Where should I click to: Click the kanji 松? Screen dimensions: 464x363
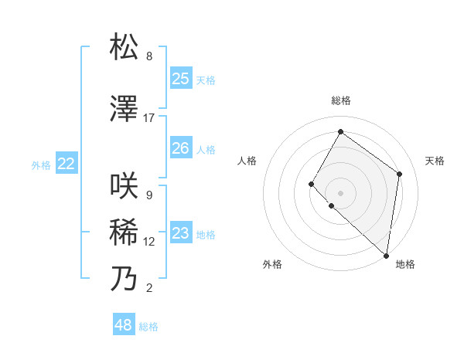point(124,47)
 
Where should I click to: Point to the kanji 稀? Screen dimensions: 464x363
point(124,232)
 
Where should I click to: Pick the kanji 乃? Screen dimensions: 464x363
point(124,279)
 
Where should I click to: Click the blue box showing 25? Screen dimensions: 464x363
point(180,79)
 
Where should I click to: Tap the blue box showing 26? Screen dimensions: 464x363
point(180,148)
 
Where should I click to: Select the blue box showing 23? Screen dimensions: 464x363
point(180,233)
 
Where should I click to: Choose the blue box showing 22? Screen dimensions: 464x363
point(67,164)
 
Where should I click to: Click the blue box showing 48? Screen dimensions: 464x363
point(124,325)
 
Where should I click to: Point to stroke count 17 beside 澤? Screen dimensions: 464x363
point(149,118)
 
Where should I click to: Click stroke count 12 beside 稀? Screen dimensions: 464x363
point(149,242)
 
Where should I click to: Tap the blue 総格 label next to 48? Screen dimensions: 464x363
point(148,327)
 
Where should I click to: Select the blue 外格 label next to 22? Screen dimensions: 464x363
point(41,165)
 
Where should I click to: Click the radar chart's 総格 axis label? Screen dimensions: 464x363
point(341,100)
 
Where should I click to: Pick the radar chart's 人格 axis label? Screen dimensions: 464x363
point(247,161)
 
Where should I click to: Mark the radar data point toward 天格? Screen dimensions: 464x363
point(400,174)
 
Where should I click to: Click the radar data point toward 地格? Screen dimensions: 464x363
point(387,256)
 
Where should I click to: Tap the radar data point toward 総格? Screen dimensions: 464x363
point(340,132)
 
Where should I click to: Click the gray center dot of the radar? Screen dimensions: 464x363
point(340,192)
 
